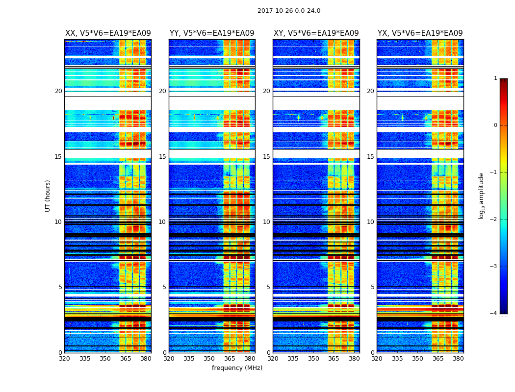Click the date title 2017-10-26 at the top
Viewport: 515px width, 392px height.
[x=289, y=11]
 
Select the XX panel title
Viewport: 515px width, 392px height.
[x=108, y=33]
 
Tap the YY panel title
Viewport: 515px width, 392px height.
[x=212, y=33]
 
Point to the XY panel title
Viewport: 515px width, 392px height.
[x=316, y=33]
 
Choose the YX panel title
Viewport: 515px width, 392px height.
[x=420, y=33]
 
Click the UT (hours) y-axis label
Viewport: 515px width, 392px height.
[x=48, y=196]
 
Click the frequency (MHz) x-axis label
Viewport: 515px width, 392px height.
[x=237, y=368]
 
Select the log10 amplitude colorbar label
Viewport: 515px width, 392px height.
[x=482, y=196]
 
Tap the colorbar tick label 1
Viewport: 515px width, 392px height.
[x=495, y=78]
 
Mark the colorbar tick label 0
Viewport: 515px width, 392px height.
[x=495, y=125]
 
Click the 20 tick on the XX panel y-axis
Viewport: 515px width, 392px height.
[x=58, y=91]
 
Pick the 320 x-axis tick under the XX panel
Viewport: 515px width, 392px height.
[x=64, y=359]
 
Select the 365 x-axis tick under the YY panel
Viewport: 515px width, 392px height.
[x=230, y=359]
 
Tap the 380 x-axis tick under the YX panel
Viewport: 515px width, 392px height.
[x=458, y=359]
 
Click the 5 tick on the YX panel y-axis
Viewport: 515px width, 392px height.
[x=373, y=287]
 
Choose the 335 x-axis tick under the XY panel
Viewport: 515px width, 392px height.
[x=293, y=359]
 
